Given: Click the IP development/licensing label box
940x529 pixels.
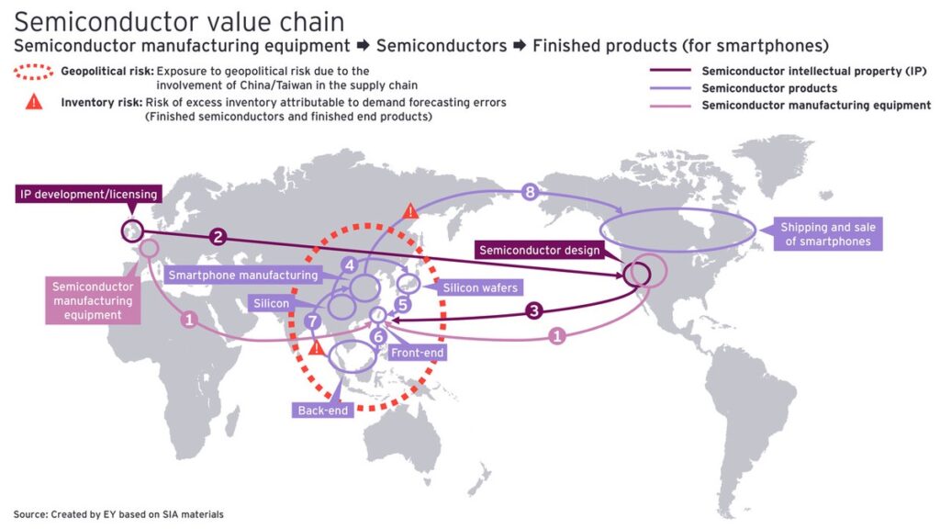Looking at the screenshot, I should click(87, 194).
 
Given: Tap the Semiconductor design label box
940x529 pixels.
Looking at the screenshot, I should click(539, 250).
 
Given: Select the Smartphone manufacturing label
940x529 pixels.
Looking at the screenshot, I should click(242, 275).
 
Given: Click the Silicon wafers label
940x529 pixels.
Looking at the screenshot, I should click(480, 287).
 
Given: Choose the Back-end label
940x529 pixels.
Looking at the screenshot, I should click(323, 411).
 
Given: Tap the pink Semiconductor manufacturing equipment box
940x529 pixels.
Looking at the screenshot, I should click(93, 300).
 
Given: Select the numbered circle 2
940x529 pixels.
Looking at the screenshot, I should click(218, 236).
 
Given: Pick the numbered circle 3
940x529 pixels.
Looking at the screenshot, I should click(534, 310).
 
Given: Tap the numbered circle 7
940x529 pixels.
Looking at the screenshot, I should click(313, 321).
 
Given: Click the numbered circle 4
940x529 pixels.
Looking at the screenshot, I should click(349, 264).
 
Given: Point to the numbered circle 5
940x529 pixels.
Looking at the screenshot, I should click(402, 304).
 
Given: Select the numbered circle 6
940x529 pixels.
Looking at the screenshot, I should click(378, 336).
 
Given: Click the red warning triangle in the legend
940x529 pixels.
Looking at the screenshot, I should click(34, 102).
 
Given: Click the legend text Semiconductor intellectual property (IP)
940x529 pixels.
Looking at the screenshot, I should click(814, 71).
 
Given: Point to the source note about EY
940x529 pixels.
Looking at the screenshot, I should click(118, 514).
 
